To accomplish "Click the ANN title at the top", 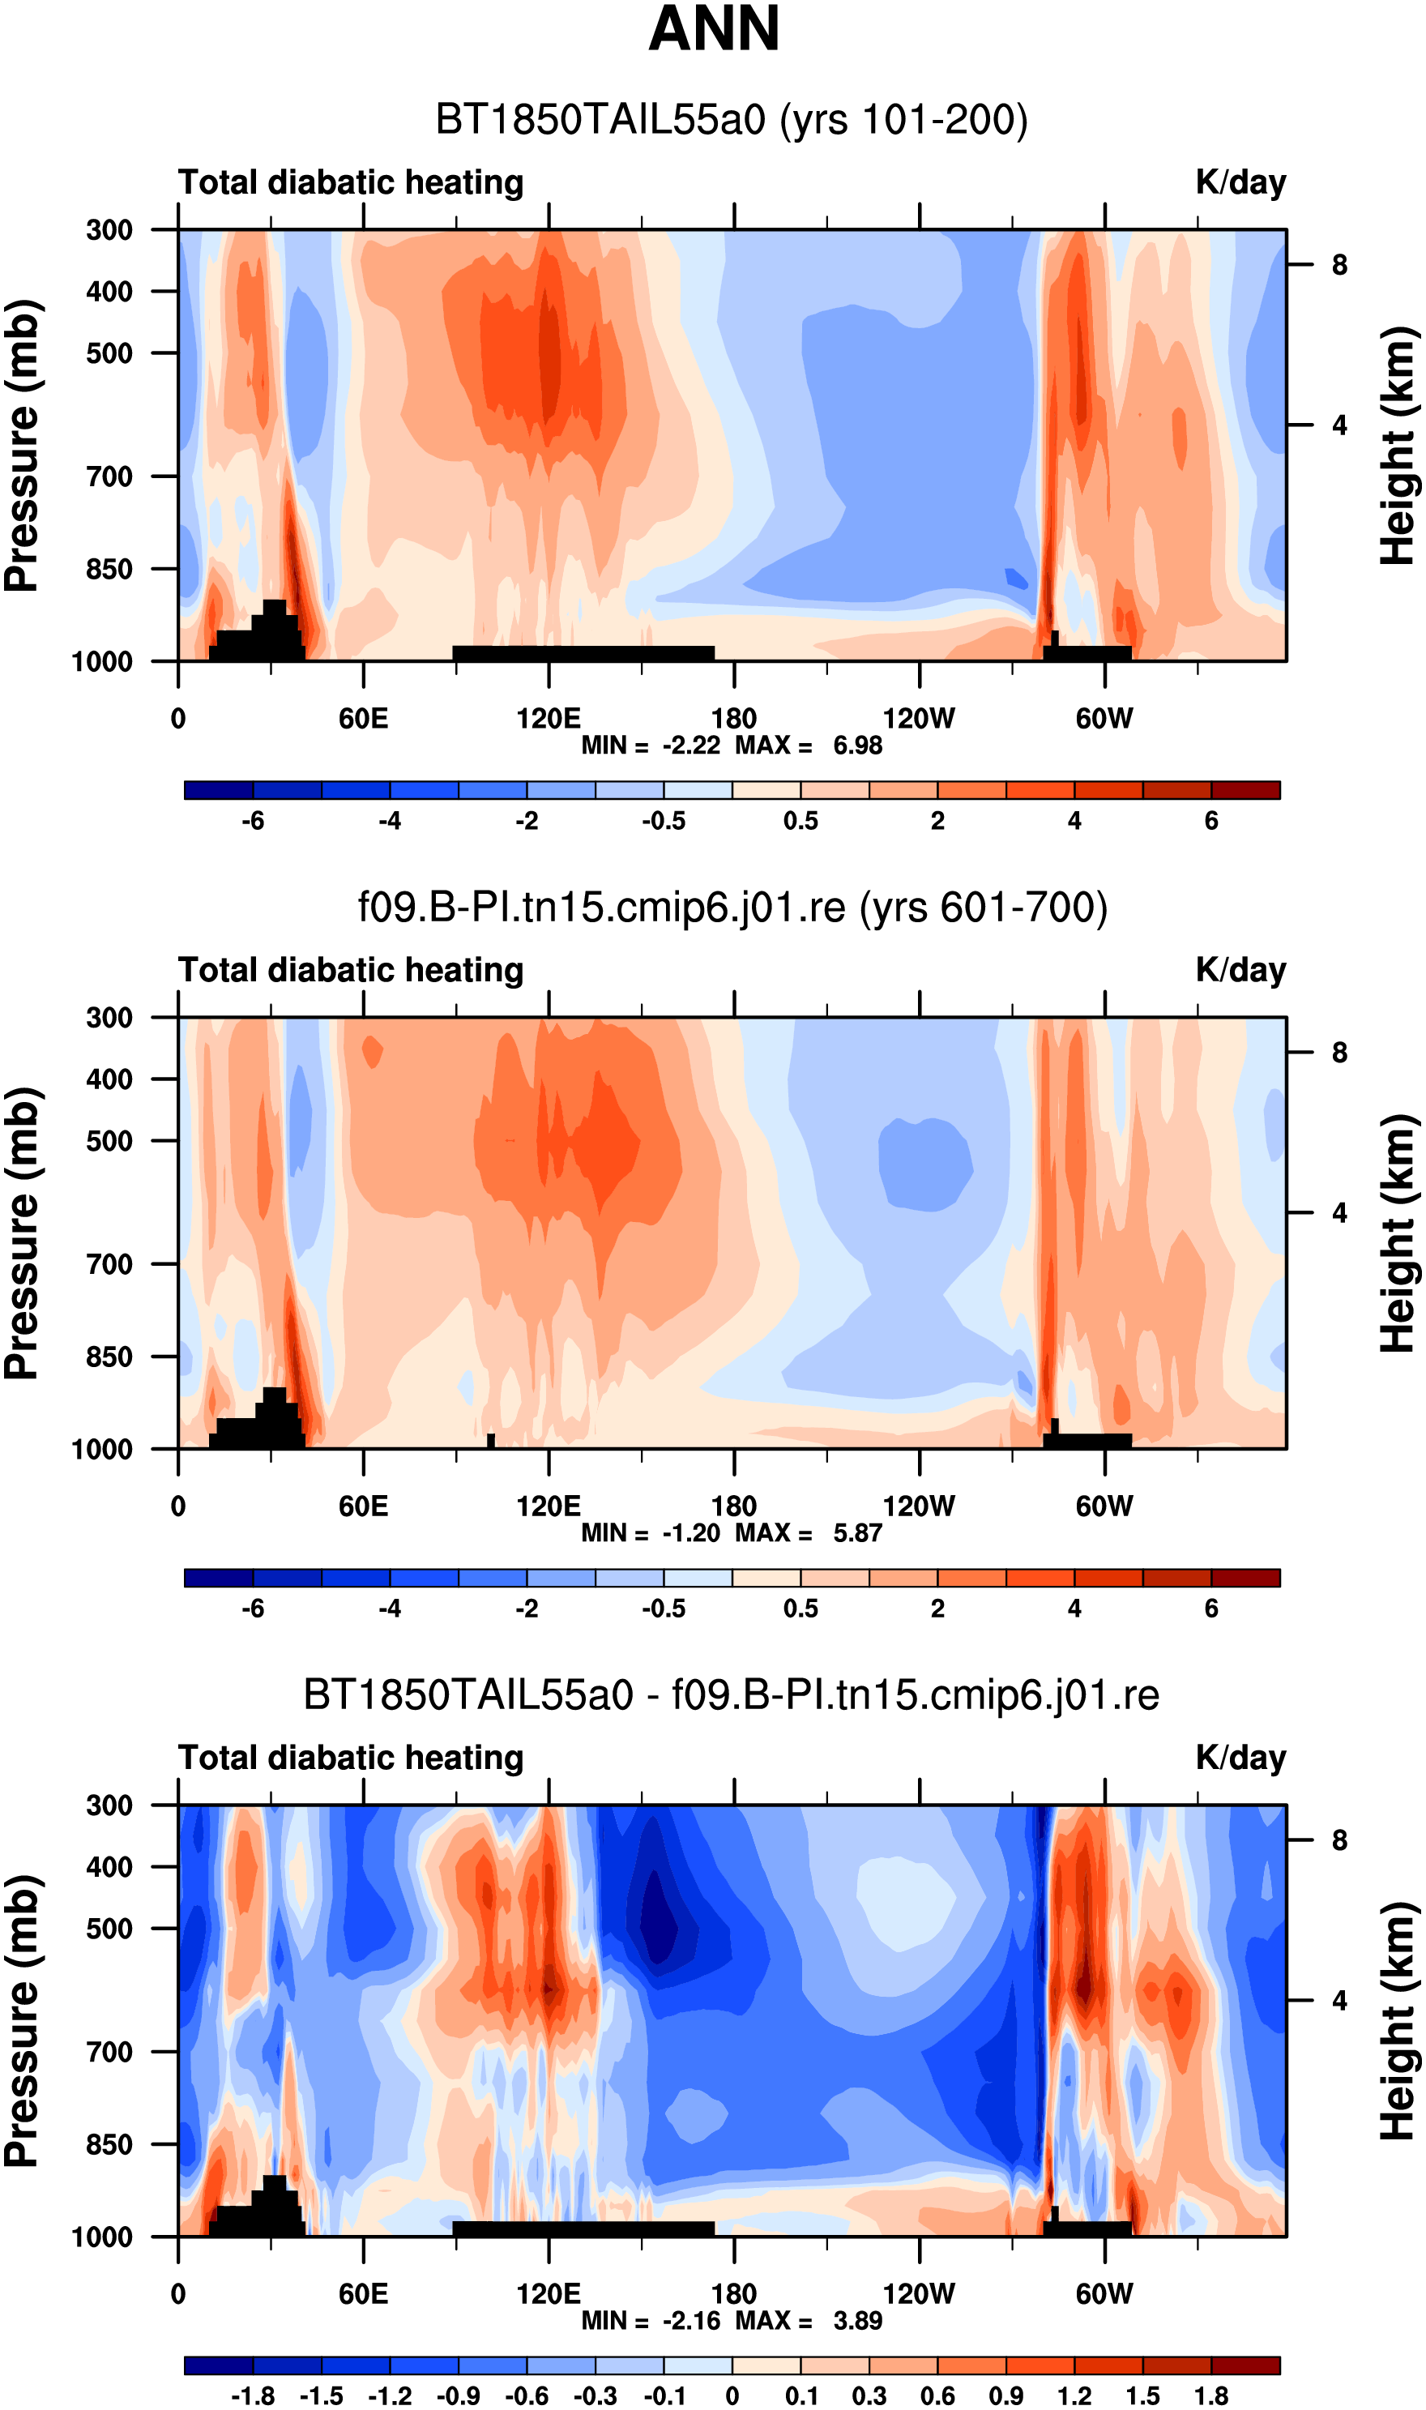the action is coord(714,29).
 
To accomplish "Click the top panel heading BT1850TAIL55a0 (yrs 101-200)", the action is coord(732,120).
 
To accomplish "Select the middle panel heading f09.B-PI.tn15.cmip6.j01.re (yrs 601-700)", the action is coord(732,907).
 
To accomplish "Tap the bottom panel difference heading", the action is coord(732,1694).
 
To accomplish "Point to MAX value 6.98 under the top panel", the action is coord(857,746).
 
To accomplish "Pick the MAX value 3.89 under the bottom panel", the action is coord(857,2321).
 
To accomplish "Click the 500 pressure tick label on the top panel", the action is coord(109,353).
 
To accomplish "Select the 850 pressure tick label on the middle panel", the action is coord(109,1356).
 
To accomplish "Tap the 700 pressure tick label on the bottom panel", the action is coord(109,2052).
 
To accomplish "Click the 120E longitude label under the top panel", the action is coord(549,718).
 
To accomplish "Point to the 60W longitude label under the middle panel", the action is coord(1104,1506).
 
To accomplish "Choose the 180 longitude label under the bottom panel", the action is coord(734,2294).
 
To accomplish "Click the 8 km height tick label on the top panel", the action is coord(1339,264).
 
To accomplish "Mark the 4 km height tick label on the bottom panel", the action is coord(1339,2000).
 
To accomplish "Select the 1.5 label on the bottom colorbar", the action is coord(1142,2396).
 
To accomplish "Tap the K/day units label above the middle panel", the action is coord(1240,971).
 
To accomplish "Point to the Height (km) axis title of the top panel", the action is coord(1399,445).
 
